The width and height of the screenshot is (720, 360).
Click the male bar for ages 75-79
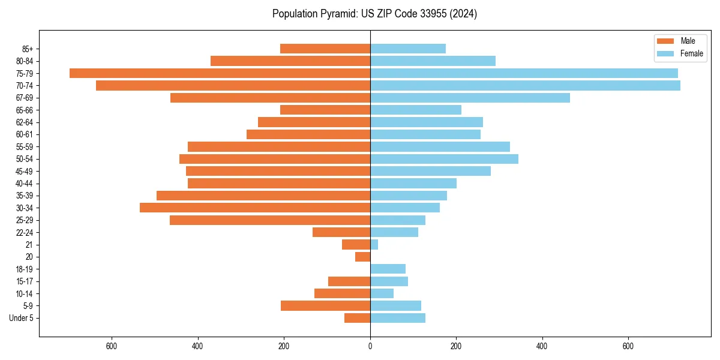point(220,73)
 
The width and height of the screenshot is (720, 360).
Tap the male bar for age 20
point(363,257)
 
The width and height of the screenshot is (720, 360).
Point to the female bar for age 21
point(374,245)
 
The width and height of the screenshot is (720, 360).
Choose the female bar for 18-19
point(388,269)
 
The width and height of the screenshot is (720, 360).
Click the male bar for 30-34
point(255,208)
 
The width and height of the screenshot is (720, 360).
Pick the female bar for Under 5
point(398,318)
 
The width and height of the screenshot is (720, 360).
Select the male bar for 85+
point(325,49)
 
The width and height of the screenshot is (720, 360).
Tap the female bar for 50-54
point(444,159)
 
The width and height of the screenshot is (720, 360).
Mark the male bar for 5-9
point(325,306)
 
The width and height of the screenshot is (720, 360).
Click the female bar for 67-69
point(470,98)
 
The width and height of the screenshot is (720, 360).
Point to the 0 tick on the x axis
point(370,347)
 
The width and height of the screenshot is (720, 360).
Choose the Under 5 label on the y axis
point(21,318)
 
